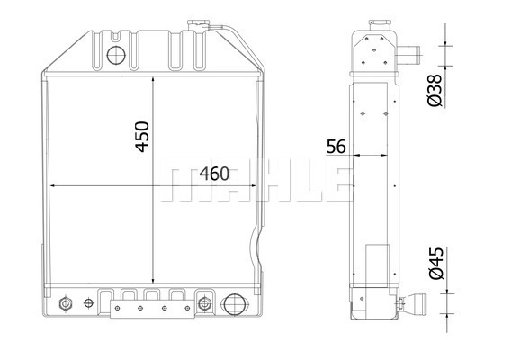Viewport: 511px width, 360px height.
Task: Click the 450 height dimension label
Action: tap(142, 137)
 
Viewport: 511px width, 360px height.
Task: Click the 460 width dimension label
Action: tap(214, 174)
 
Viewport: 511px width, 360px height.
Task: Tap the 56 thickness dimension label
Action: tap(336, 147)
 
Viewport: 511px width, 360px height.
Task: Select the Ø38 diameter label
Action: tap(435, 90)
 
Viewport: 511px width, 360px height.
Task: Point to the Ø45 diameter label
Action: tap(436, 263)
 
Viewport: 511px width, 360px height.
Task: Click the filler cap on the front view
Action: tap(197, 25)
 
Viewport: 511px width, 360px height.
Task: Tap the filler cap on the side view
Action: tap(380, 25)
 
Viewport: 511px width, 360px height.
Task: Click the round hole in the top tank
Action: tap(116, 55)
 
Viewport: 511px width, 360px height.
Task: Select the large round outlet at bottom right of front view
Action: tap(234, 304)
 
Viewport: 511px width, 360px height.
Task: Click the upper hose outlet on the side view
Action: tap(408, 55)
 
